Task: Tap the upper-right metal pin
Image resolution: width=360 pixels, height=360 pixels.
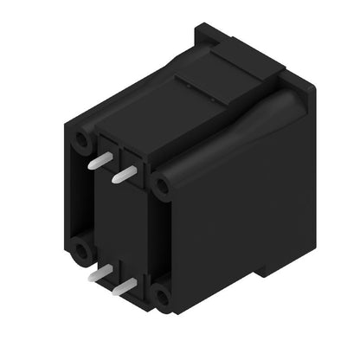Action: pos(124,175)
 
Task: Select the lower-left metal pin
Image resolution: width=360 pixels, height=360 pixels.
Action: pos(101,273)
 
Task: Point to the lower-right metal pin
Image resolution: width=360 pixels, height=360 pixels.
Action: pos(125,286)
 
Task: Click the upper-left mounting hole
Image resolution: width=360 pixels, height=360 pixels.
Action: pos(81,141)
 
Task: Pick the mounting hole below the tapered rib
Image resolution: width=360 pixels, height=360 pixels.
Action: pos(160,185)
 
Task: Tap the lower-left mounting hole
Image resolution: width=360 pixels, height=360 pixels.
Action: pos(83,252)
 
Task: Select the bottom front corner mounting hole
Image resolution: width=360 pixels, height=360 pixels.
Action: pos(163,299)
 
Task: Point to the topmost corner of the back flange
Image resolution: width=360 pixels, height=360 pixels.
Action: pos(201,28)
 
